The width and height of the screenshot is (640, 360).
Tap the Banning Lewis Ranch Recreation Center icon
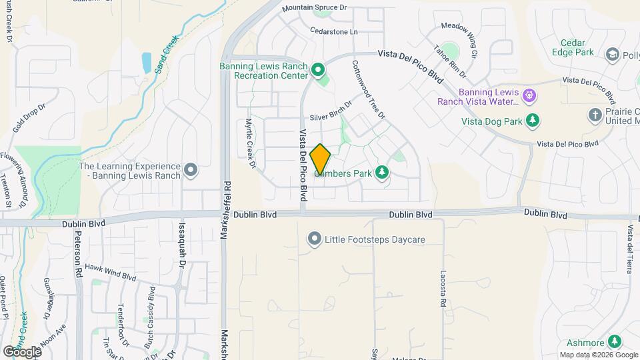coord(319,69)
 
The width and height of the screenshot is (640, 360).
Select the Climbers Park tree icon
coord(382,173)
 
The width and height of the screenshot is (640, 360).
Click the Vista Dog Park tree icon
coord(532,121)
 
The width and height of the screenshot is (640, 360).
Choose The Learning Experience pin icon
coord(191,171)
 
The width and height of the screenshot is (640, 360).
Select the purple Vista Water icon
coord(529,95)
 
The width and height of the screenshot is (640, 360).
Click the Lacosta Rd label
coord(442,289)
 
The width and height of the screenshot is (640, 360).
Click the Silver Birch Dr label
coord(329,114)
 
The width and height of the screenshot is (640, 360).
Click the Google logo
coord(22,351)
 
